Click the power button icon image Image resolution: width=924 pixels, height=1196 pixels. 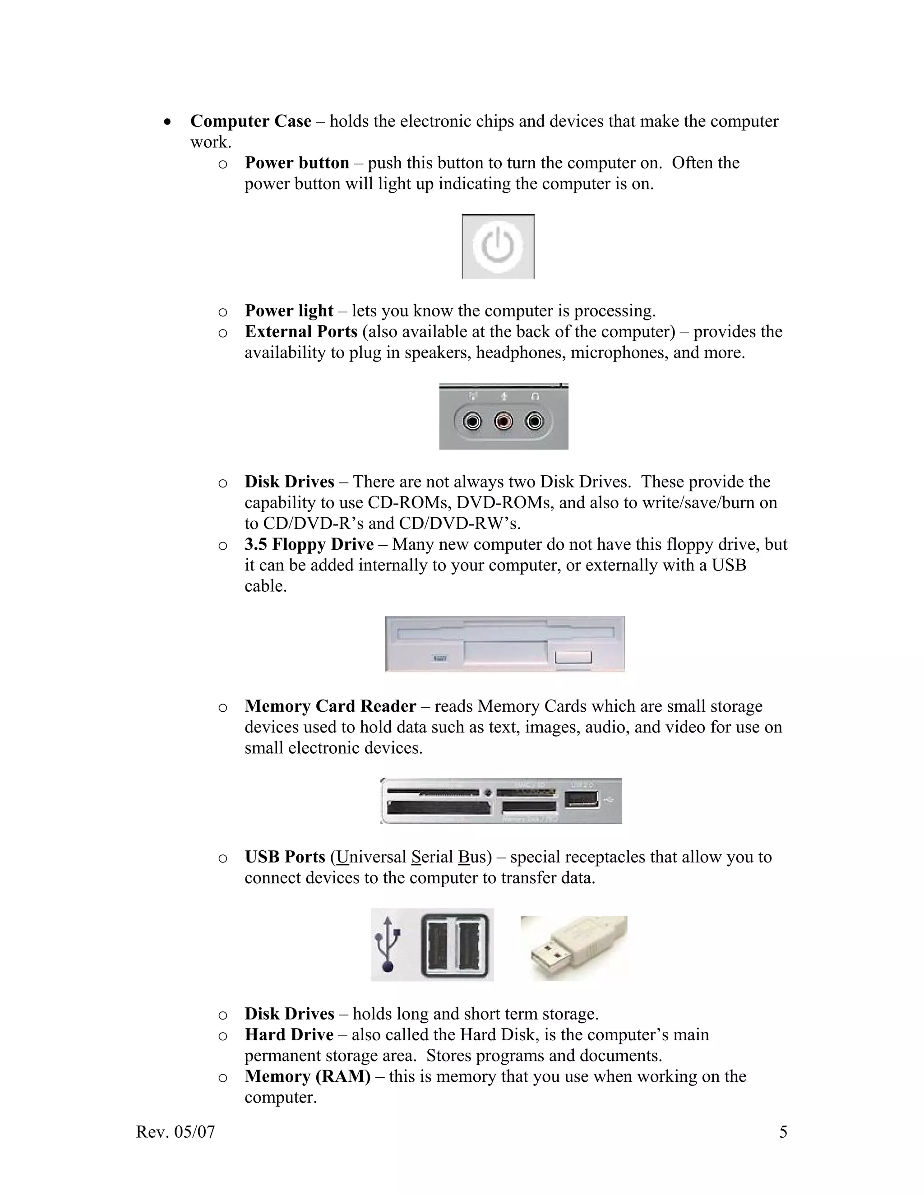pos(498,246)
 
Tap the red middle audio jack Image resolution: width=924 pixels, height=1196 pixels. pos(503,422)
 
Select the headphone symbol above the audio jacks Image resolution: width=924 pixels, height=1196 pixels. pos(536,395)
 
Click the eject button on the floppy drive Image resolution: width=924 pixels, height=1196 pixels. pos(573,657)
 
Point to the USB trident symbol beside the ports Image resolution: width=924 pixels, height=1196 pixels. pos(388,945)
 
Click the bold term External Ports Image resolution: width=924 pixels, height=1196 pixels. pos(300,332)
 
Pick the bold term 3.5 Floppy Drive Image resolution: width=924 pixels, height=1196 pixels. pos(309,544)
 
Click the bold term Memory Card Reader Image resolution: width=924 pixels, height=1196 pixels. pos(330,706)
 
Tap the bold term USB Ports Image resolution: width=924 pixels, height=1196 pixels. pos(285,857)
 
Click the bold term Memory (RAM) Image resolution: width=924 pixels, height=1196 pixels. pos(307,1076)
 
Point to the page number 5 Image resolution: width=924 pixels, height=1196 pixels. pos(783,1132)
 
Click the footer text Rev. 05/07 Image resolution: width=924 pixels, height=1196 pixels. pos(175,1132)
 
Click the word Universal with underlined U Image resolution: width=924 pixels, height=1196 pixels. pos(370,857)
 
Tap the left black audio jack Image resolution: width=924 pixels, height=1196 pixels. pos(472,422)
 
